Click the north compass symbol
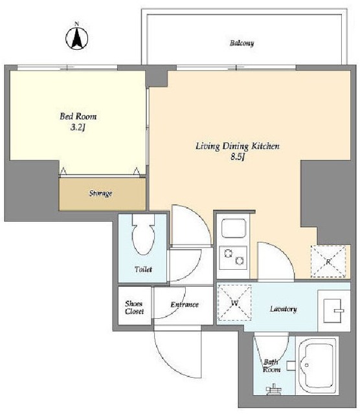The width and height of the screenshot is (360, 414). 76,38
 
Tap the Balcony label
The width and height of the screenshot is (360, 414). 242,43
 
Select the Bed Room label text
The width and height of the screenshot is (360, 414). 78,116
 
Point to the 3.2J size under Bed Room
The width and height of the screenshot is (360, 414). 78,128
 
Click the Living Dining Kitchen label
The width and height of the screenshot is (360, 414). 238,146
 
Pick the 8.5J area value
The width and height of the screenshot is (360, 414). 238,157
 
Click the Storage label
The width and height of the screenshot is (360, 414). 100,193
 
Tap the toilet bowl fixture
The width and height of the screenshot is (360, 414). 143,234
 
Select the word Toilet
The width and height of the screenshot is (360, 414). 144,269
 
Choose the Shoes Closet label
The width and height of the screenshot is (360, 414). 135,307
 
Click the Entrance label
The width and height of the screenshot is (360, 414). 185,305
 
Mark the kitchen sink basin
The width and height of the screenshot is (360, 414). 234,228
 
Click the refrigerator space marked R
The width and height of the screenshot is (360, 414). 328,261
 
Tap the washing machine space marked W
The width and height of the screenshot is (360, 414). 234,303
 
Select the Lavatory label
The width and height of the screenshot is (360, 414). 284,309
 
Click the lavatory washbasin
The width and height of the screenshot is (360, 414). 333,310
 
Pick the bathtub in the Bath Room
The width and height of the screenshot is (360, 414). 317,365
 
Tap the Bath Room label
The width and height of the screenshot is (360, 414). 271,365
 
